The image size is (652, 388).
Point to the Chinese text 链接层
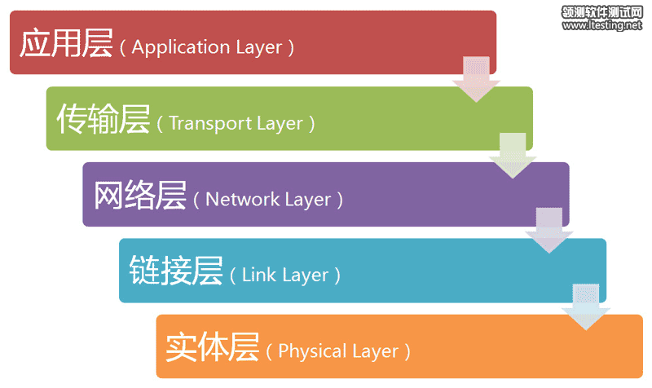(176, 271)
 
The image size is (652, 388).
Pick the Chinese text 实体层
(213, 347)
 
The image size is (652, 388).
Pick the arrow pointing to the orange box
(585, 306)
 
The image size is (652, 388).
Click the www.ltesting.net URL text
(602, 25)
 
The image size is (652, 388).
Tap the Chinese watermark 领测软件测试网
(602, 11)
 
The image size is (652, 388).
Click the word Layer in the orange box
(376, 352)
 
